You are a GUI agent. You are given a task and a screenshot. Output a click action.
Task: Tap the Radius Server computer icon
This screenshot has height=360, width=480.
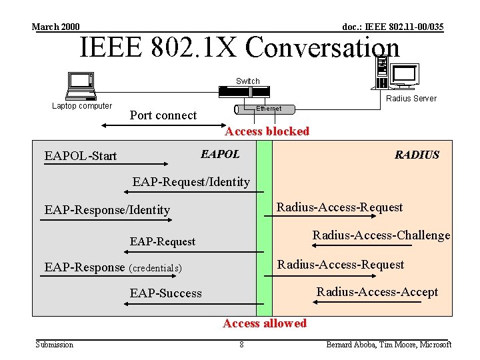click(x=396, y=75)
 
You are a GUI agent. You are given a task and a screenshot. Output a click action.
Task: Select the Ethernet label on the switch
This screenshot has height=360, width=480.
click(x=269, y=109)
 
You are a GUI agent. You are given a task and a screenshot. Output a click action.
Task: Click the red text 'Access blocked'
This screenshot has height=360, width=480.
click(x=267, y=131)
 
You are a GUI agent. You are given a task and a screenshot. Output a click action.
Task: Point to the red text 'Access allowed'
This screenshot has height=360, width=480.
click(x=265, y=323)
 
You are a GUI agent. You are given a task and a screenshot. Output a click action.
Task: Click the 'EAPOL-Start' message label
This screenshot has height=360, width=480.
click(x=81, y=156)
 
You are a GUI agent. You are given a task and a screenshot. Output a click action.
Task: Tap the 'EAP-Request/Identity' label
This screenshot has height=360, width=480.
click(x=191, y=181)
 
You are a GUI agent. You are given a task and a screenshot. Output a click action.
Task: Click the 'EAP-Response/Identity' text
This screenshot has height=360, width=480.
click(x=107, y=210)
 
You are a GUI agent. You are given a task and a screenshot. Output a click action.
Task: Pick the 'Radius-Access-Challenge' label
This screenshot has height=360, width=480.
click(x=381, y=235)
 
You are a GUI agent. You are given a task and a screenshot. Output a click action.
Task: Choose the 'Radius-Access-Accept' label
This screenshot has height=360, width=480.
click(x=377, y=292)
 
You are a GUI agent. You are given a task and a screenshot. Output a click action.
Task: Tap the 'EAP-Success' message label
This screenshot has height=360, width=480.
click(x=165, y=293)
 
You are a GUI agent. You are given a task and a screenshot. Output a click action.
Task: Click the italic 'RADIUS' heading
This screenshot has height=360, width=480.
click(x=417, y=155)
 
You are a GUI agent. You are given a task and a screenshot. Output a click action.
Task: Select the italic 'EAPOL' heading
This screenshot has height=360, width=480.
click(x=220, y=154)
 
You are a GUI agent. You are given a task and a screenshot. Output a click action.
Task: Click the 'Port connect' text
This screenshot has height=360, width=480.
click(x=163, y=115)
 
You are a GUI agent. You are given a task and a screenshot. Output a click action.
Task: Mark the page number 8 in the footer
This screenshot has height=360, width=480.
click(x=241, y=345)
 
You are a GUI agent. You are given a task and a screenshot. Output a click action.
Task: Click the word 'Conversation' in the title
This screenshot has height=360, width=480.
click(x=323, y=47)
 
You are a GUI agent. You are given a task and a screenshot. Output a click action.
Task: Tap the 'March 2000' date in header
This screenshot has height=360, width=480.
click(x=56, y=27)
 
